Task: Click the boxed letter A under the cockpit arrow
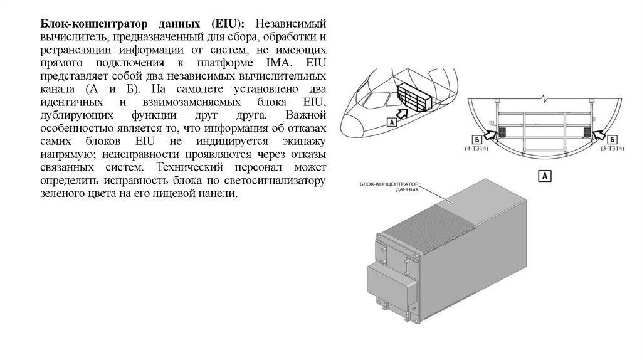(x=391, y=124)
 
